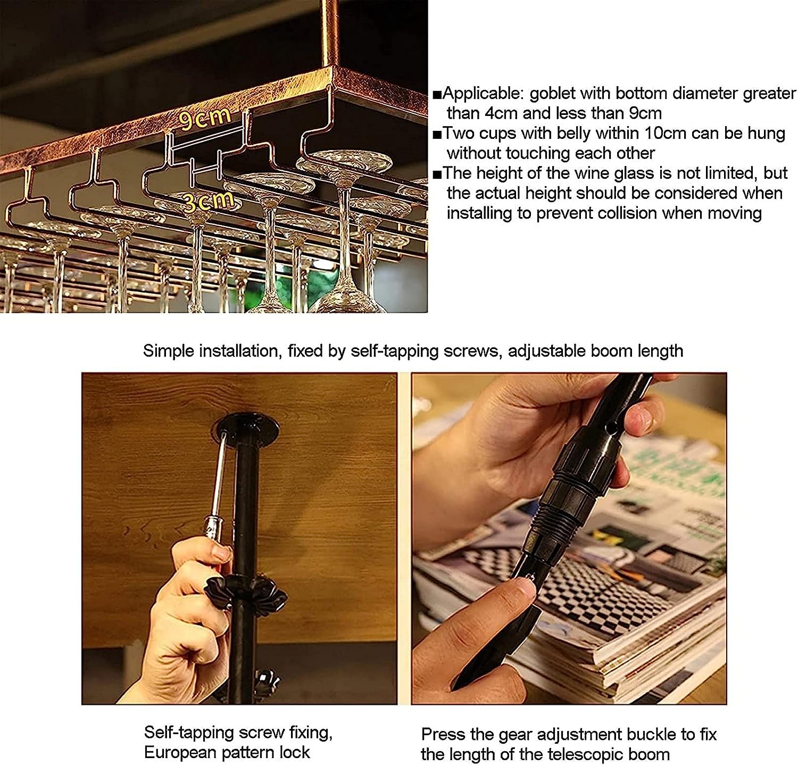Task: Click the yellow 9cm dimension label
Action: click(204, 118)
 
